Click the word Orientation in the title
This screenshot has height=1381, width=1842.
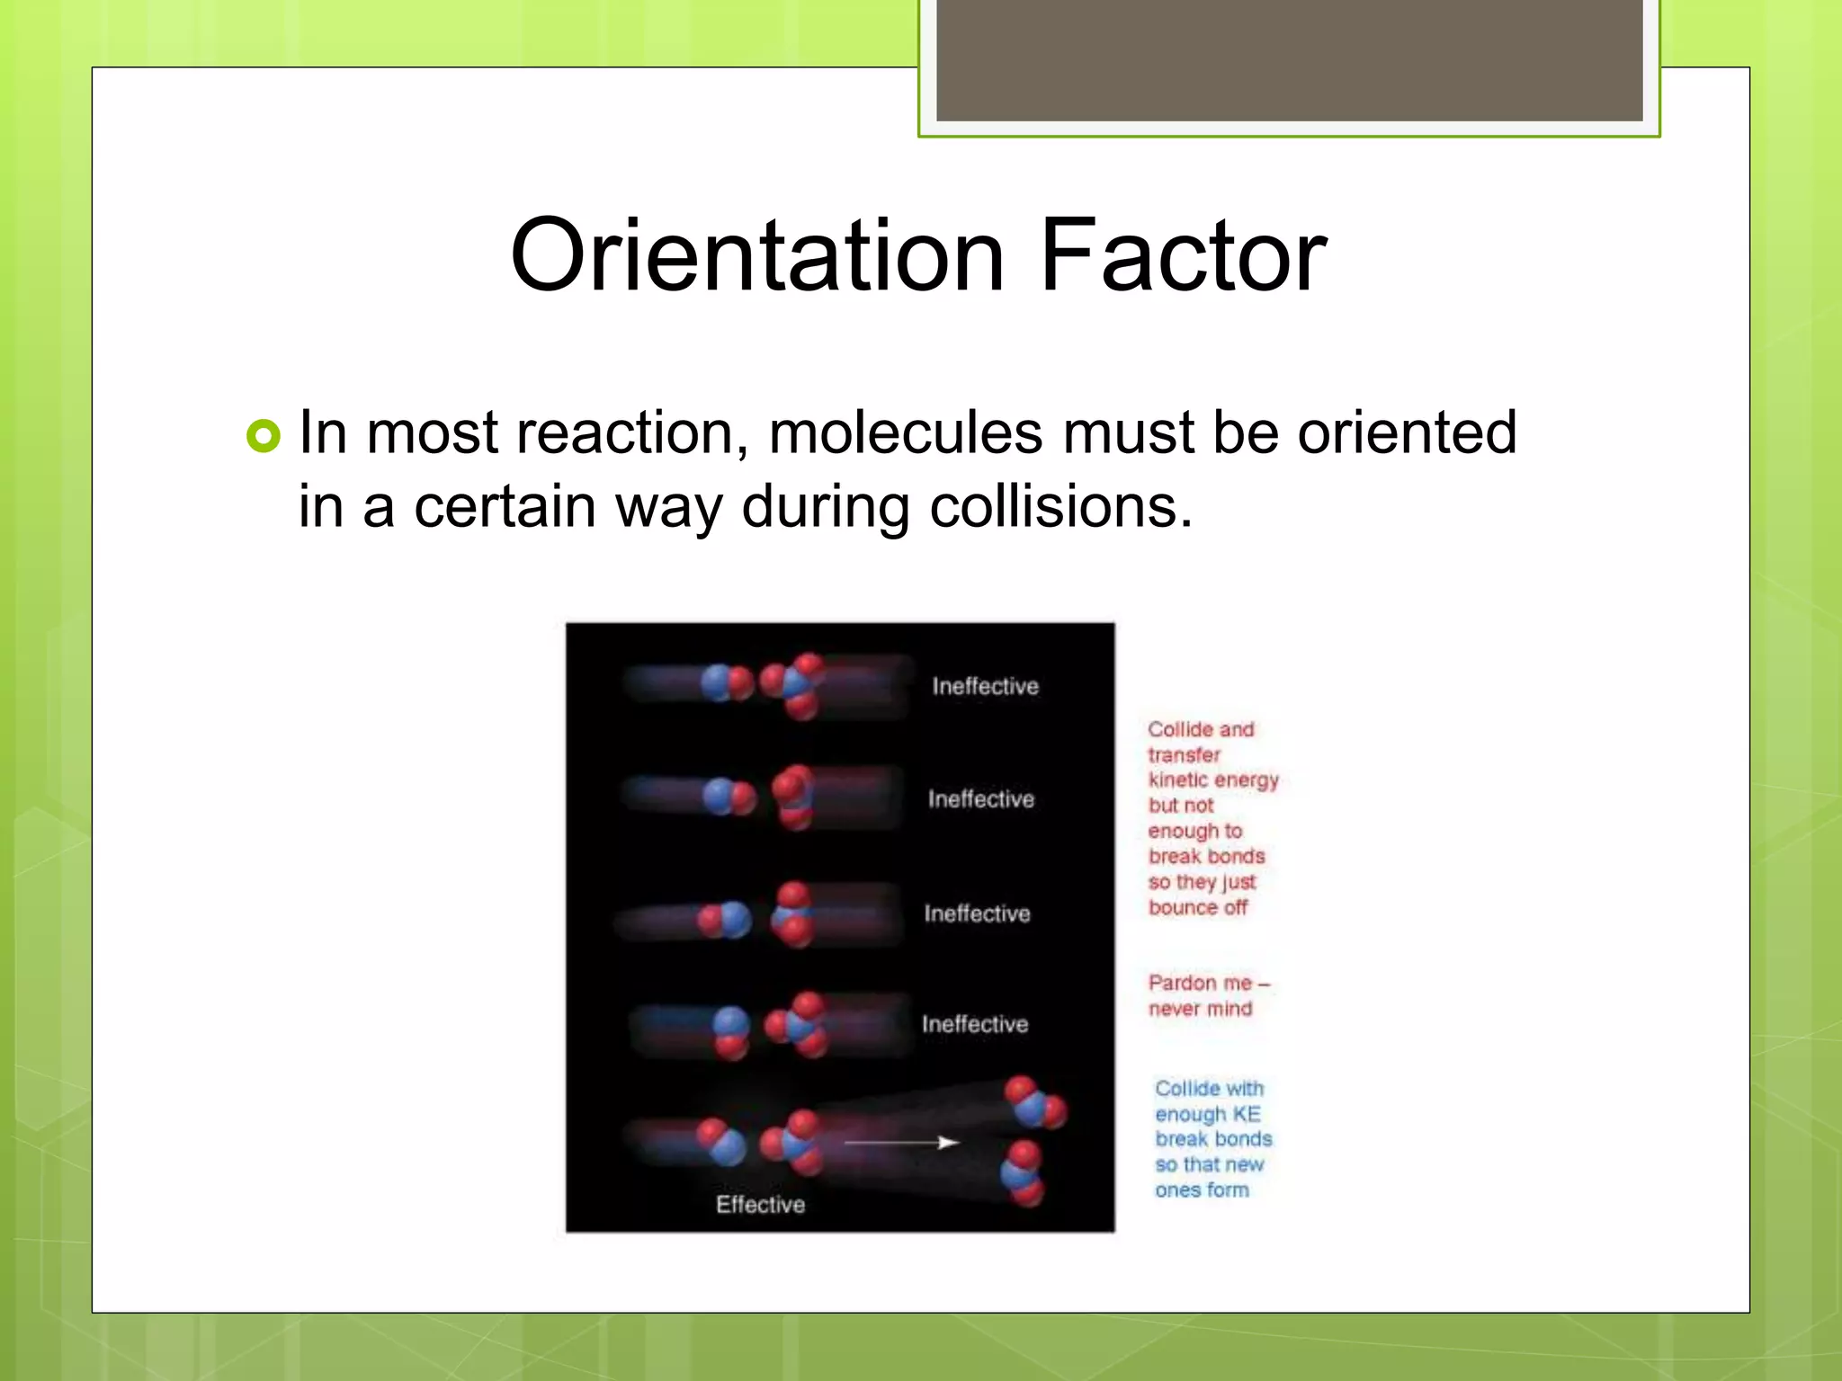click(756, 256)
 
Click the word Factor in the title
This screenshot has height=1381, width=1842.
click(1183, 256)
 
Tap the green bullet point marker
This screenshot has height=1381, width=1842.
click(263, 436)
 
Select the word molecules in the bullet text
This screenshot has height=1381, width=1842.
click(906, 433)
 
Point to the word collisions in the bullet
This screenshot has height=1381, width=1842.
click(1060, 507)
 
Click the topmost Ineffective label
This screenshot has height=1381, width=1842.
click(985, 687)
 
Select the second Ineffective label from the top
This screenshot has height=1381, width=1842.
click(981, 799)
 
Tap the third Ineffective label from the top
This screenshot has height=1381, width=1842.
click(977, 913)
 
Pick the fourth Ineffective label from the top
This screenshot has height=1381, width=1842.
click(975, 1024)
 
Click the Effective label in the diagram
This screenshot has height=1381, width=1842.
click(760, 1205)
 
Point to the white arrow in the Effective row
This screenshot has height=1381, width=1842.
click(900, 1143)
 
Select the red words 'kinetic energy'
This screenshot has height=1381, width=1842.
click(1212, 780)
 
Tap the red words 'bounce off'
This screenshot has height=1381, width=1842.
click(1197, 907)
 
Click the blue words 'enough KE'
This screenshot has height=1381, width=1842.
click(1207, 1114)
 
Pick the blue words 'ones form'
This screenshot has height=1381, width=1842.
click(1202, 1189)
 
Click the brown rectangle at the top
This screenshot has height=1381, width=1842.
click(1289, 60)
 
